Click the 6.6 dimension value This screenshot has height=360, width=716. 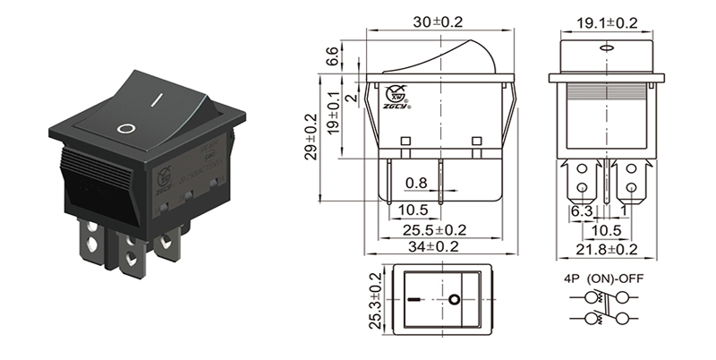tap(332, 56)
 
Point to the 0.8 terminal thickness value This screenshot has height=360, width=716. tap(415, 184)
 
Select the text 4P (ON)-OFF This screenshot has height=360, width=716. tap(601, 279)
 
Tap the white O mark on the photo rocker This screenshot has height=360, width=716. tap(127, 127)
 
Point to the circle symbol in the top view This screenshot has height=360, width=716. tap(456, 298)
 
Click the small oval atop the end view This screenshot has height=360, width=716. tap(605, 47)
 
